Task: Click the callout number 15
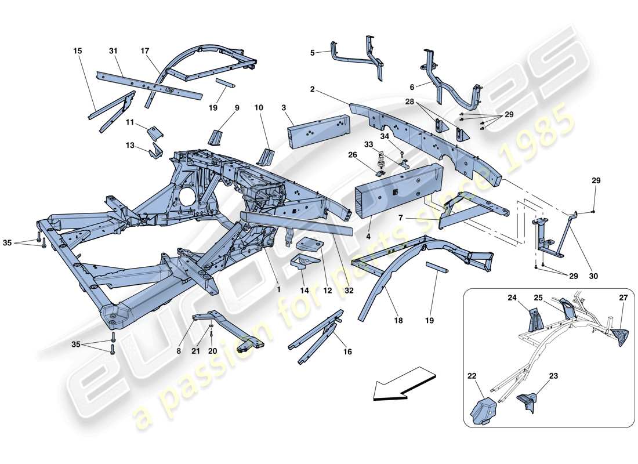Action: [x=78, y=51]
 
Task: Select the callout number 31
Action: [x=113, y=51]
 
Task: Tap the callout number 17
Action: [x=145, y=51]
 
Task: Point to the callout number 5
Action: [x=312, y=53]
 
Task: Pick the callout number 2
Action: [x=312, y=89]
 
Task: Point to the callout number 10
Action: [x=258, y=107]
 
